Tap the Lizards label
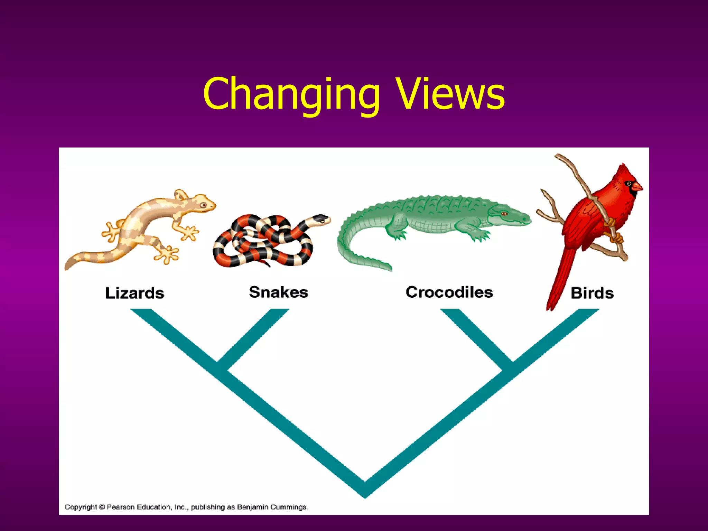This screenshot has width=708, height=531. [134, 293]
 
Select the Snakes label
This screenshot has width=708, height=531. [279, 292]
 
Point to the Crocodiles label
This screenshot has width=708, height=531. [449, 292]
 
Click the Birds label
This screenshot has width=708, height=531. [592, 293]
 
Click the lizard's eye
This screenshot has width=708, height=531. [203, 205]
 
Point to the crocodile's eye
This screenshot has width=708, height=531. [504, 214]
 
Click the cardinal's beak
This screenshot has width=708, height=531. [637, 187]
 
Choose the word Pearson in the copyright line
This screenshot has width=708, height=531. [120, 507]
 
